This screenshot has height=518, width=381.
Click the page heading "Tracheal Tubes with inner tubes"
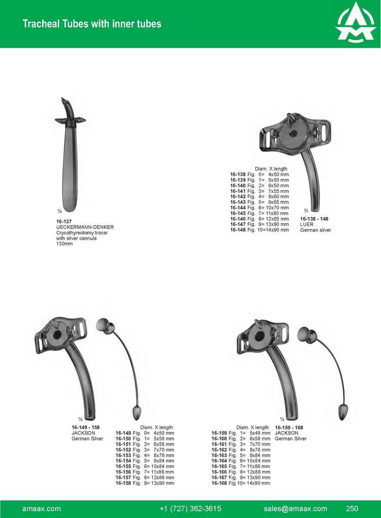pos(92,24)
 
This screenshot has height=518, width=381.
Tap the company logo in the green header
pos(355,23)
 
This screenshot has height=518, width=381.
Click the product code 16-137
pos(64,222)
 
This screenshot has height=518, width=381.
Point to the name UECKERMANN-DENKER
pos(85,227)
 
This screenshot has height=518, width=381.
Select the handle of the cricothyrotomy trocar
pos(70,168)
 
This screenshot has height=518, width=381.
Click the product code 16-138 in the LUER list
pos(238,175)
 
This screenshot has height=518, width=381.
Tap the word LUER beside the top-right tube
pos(307,224)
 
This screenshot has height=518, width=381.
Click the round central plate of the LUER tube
pos(292,134)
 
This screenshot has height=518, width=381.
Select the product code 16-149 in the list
pos(123,433)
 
